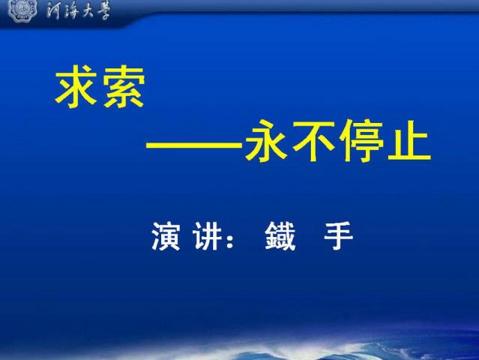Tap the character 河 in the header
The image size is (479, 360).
click(55, 11)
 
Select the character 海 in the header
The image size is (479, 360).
click(72, 11)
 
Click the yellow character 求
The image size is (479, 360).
click(76, 86)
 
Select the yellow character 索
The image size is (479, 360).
click(124, 86)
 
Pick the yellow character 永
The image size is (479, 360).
click(266, 141)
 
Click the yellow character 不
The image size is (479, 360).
click(314, 141)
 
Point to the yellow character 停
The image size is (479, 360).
click(361, 141)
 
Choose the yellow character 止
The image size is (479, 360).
click(409, 141)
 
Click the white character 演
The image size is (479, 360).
click(166, 236)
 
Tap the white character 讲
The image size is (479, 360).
click(207, 236)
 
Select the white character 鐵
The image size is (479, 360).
click(280, 236)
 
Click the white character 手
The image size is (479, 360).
click(339, 236)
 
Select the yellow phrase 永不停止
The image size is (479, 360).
click(338, 141)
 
